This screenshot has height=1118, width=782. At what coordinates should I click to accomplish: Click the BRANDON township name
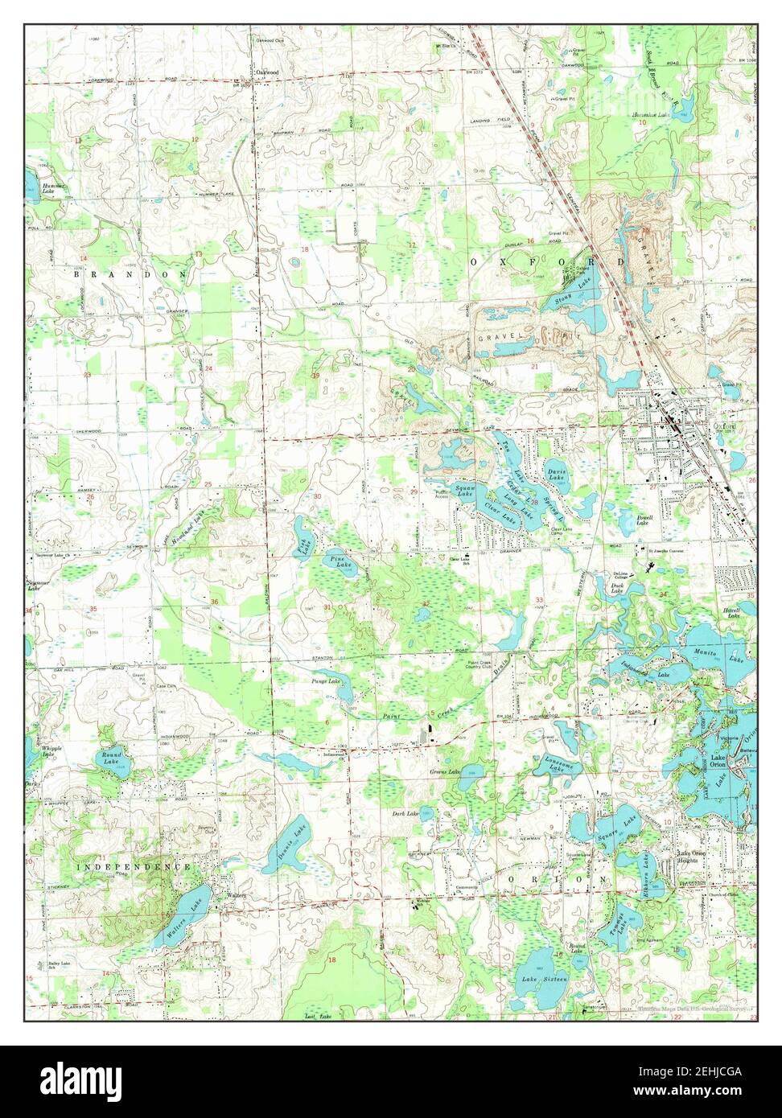(x=130, y=274)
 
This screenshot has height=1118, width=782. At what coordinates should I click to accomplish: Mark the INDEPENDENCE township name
(x=134, y=867)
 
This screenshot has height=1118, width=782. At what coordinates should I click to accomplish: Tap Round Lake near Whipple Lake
(x=109, y=758)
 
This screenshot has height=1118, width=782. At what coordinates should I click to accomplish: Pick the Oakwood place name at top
(x=267, y=72)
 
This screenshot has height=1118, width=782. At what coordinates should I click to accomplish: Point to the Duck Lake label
(x=617, y=589)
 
